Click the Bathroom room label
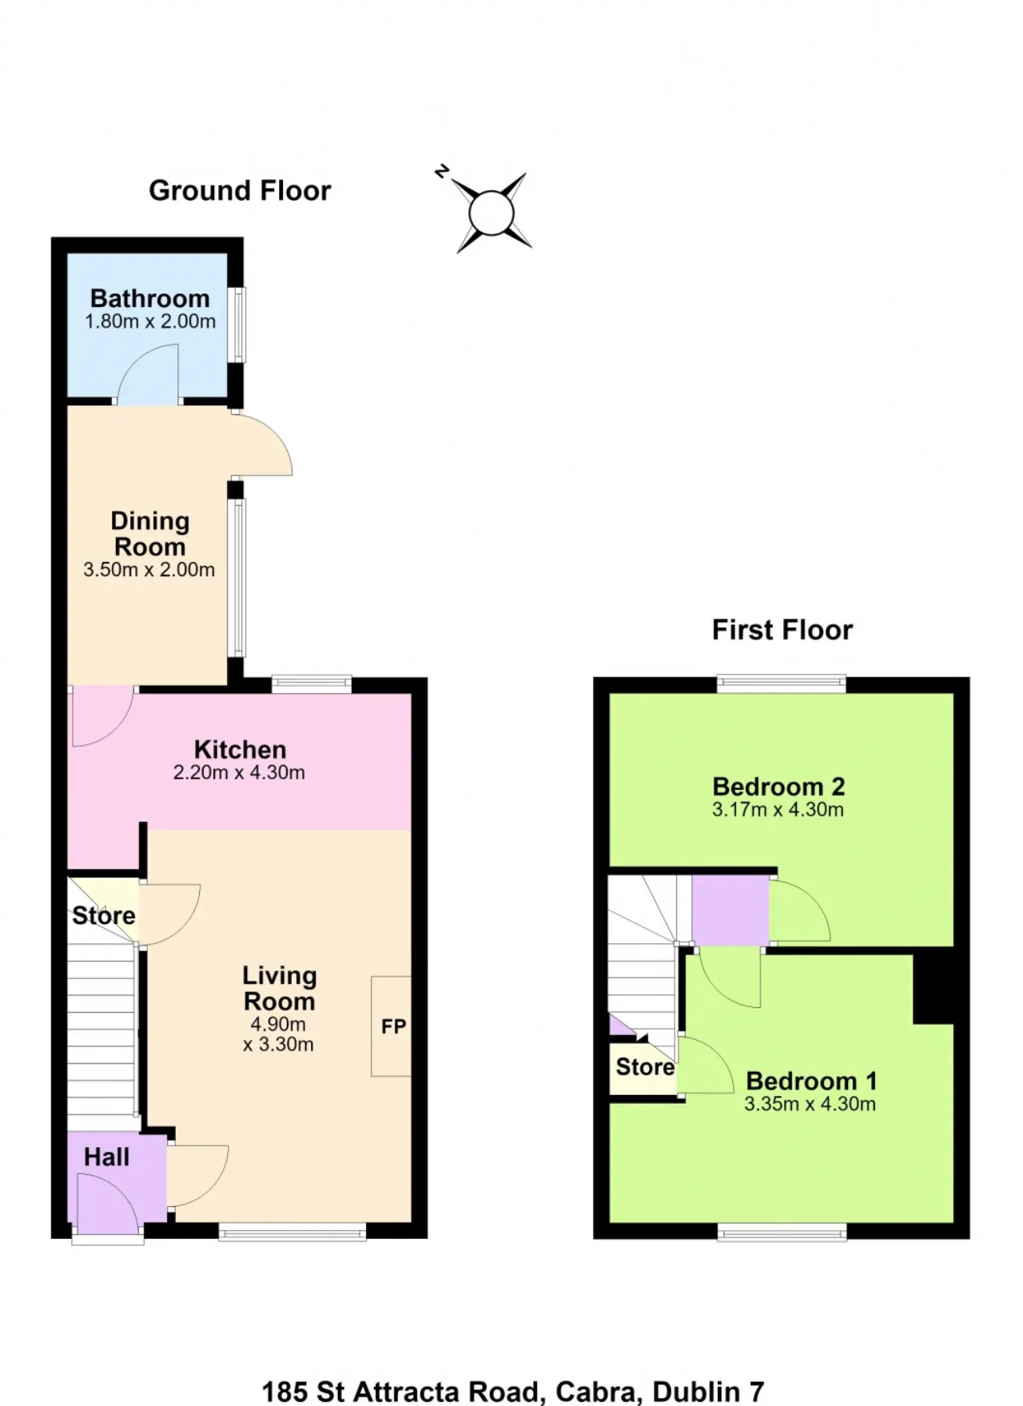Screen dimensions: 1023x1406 click(x=149, y=298)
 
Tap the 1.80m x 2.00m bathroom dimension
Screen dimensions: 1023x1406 click(x=150, y=321)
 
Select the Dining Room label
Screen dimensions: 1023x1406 click(x=149, y=534)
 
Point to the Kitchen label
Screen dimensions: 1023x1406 click(x=240, y=750)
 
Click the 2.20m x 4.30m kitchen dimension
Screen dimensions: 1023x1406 click(x=239, y=773)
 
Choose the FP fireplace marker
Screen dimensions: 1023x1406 click(x=393, y=1026)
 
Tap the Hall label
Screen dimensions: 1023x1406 click(x=106, y=1157)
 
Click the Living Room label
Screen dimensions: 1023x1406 click(x=279, y=988)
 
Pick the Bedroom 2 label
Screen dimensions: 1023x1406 click(x=778, y=787)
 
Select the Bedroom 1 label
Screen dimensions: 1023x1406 click(x=811, y=1081)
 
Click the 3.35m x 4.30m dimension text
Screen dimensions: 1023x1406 click(x=810, y=1104)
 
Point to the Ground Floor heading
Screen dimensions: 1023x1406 click(x=240, y=190)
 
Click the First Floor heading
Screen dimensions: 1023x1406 click(x=782, y=630)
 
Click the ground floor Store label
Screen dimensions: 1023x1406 click(x=104, y=915)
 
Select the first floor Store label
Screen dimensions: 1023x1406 click(x=645, y=1067)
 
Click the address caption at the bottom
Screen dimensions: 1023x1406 click(x=513, y=1392)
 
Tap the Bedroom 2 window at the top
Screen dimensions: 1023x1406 click(x=782, y=683)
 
